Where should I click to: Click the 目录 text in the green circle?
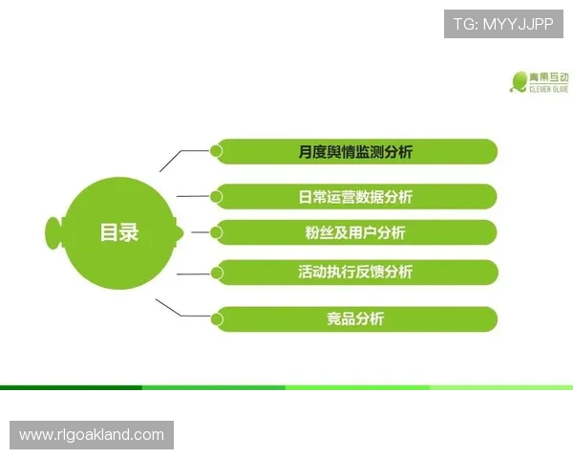119,232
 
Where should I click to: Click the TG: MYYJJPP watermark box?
503,22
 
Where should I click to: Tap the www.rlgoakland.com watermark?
92,435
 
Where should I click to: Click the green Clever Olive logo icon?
519,81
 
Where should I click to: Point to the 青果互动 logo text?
551,76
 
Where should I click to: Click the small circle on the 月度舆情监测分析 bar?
217,151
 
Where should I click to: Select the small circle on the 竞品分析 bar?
217,318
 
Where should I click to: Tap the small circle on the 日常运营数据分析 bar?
217,197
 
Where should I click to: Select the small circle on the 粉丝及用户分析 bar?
217,232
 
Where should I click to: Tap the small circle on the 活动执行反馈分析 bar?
217,273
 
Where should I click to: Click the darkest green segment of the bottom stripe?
71,387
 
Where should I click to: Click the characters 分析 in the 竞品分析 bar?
370,318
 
